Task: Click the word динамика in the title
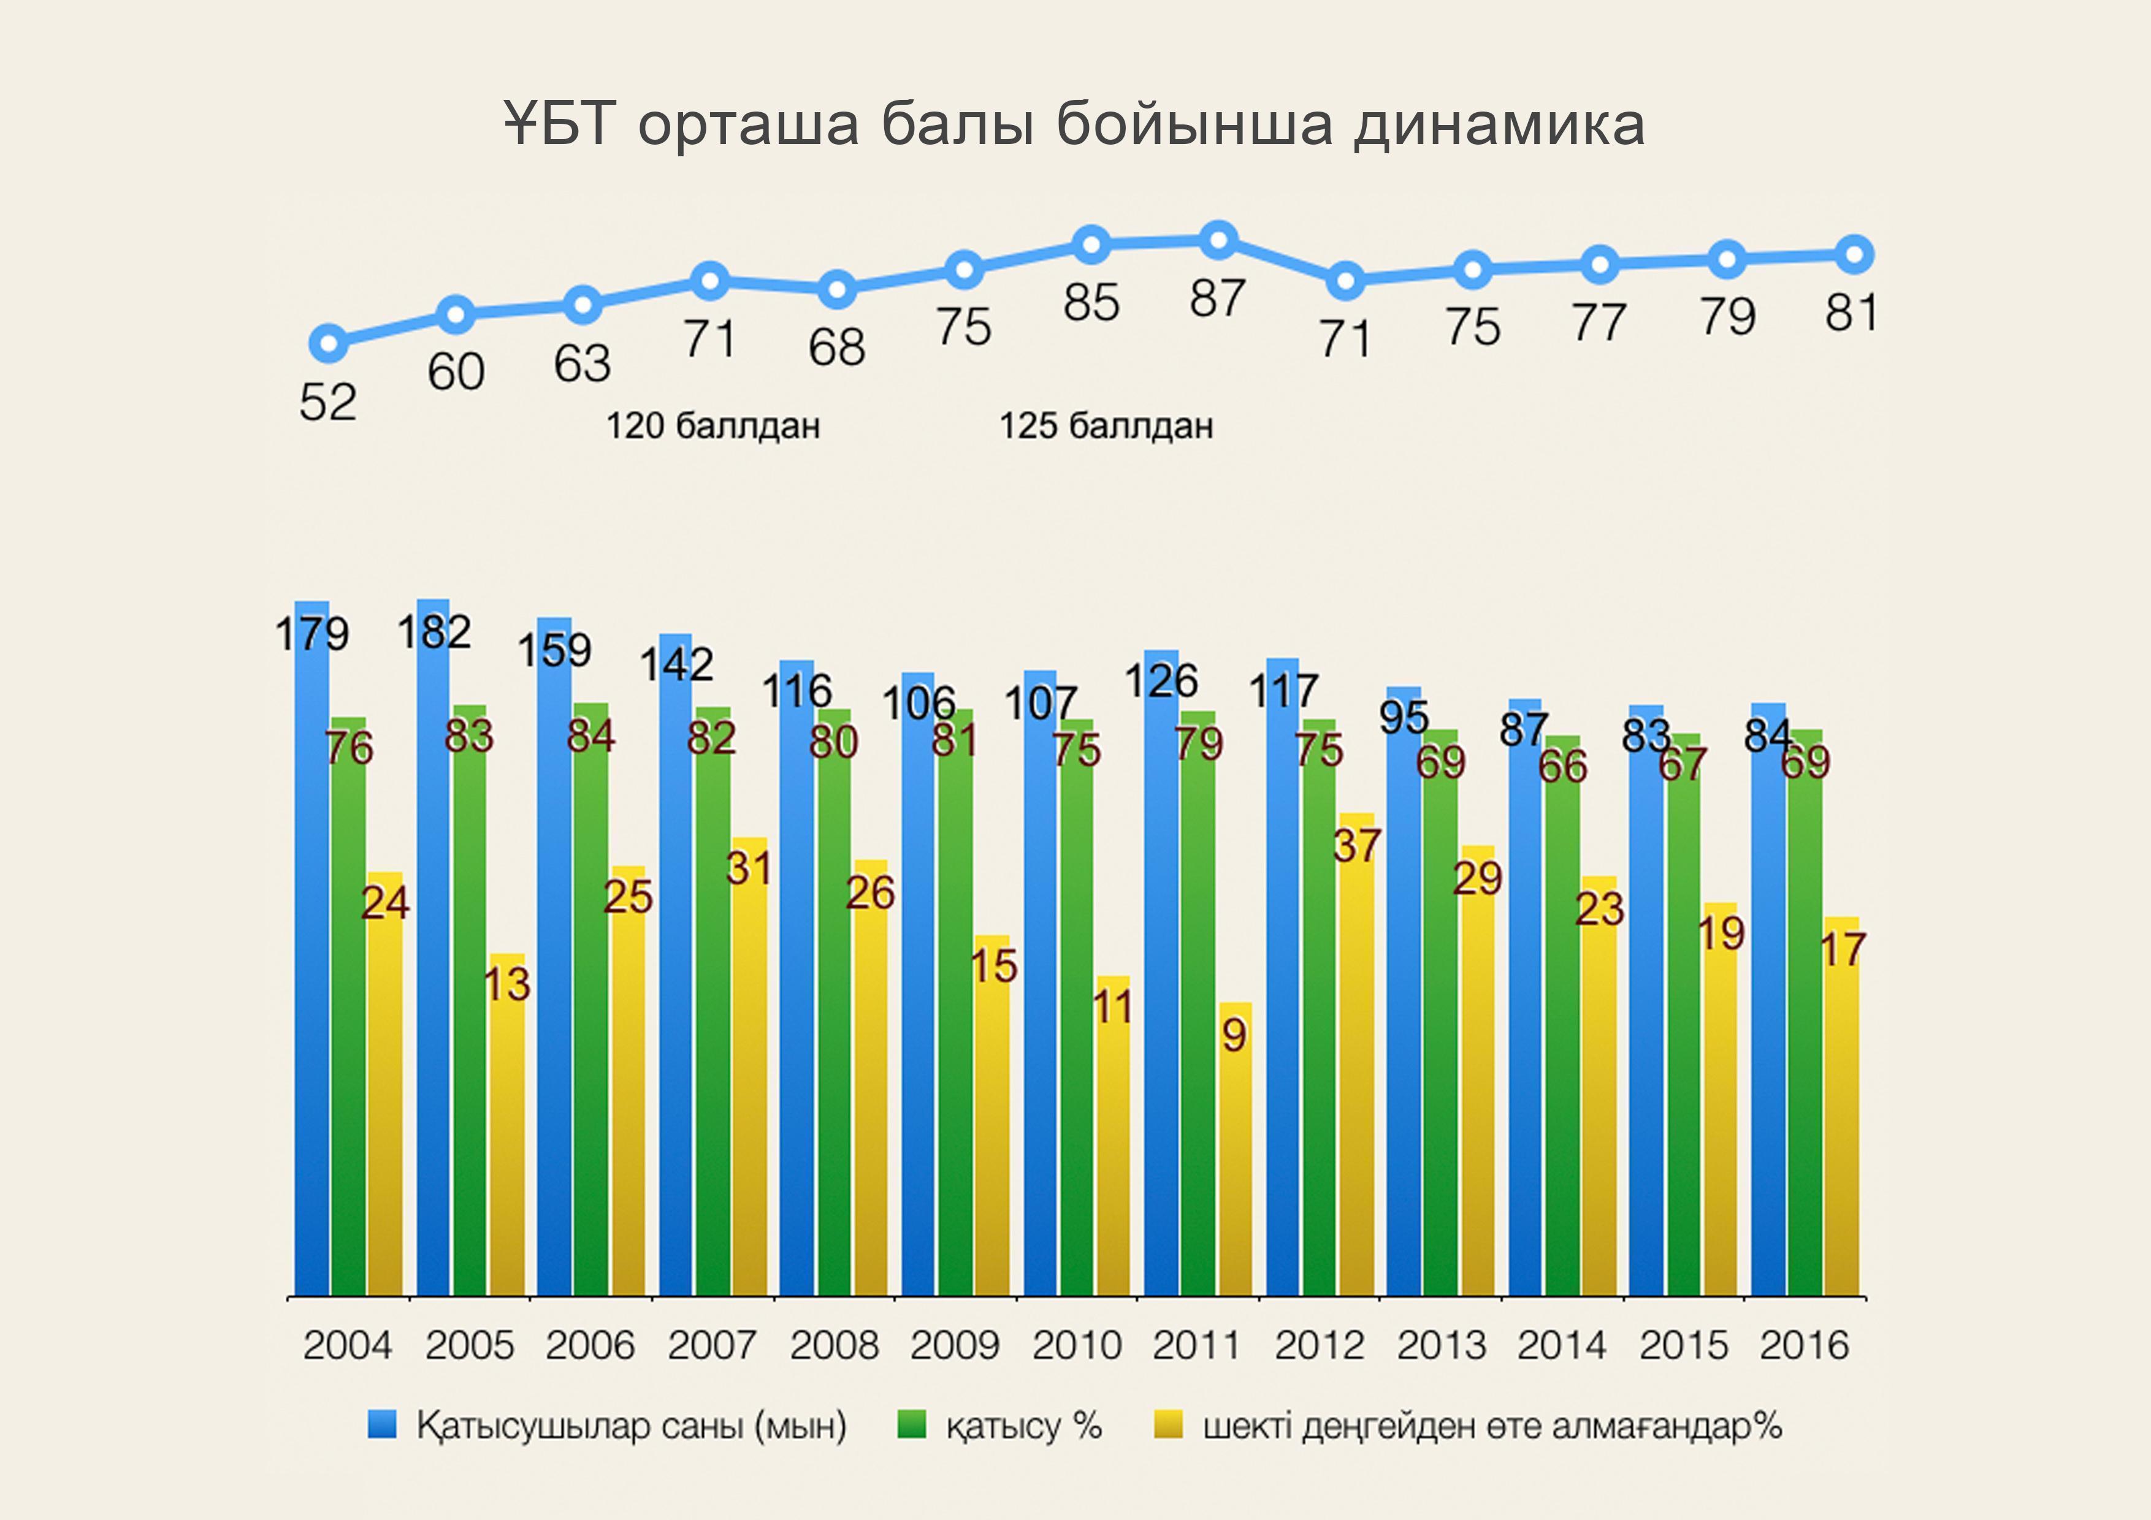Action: pyautogui.click(x=1499, y=124)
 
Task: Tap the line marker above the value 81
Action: pyautogui.click(x=1854, y=254)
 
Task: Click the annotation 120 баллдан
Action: pyautogui.click(x=713, y=426)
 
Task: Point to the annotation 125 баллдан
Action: pyautogui.click(x=1106, y=426)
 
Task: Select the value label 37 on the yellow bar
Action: pyautogui.click(x=1356, y=846)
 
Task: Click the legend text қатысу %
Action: pyautogui.click(x=1023, y=1426)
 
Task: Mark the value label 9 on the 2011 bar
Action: pyautogui.click(x=1234, y=1035)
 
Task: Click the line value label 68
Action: pyautogui.click(x=836, y=348)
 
